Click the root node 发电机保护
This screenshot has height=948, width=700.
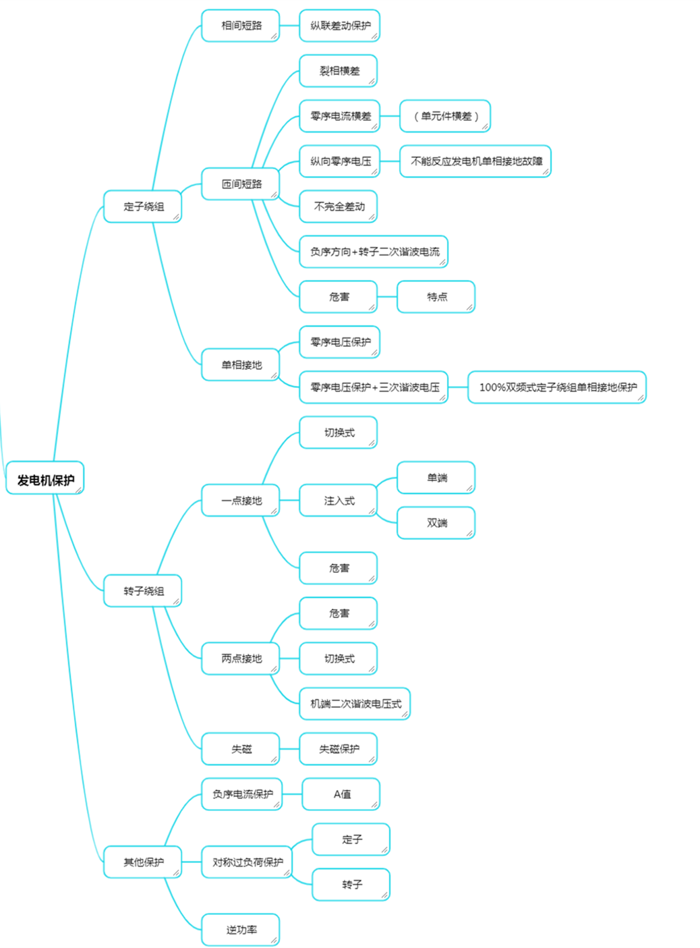[45, 479]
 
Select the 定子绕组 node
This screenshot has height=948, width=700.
[143, 206]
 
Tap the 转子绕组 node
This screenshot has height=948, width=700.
[143, 591]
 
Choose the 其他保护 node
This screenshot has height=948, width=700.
[143, 862]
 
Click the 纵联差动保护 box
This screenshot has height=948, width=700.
[340, 26]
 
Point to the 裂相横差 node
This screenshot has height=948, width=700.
[339, 71]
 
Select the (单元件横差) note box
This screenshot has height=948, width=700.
[445, 116]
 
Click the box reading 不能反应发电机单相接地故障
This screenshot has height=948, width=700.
[475, 161]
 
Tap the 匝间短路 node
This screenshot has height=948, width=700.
[241, 184]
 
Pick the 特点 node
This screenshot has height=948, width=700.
[436, 297]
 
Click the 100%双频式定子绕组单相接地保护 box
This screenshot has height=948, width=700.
[557, 387]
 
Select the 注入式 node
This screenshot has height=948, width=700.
[339, 501]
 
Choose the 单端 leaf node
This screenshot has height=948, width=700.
[436, 478]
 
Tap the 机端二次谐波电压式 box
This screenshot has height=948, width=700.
[355, 704]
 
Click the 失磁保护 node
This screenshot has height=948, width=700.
[339, 749]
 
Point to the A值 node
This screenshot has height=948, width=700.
[341, 794]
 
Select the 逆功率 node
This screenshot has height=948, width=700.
[241, 930]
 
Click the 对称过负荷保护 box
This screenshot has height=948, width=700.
[247, 862]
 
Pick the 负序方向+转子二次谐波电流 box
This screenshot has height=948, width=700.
[374, 252]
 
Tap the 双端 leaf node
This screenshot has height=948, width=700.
[436, 523]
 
